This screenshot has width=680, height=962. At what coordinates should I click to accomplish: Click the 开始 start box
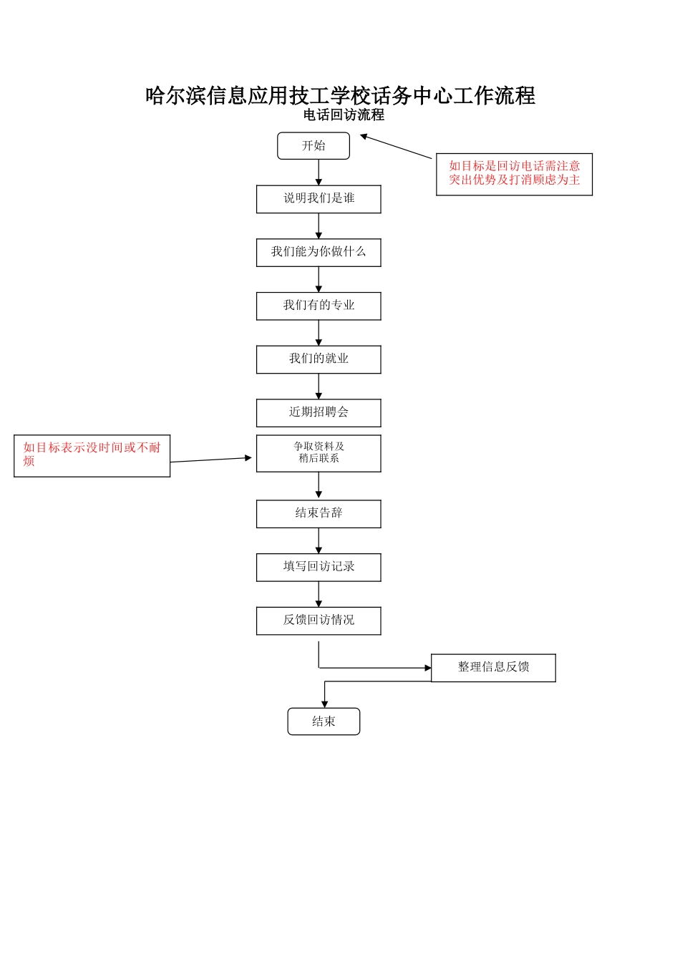[x=314, y=146]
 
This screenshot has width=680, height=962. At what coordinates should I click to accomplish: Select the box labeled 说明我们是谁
[x=319, y=199]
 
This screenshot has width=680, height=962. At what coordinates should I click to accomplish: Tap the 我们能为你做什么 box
[x=319, y=253]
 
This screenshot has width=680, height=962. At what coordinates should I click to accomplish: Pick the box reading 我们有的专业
[x=319, y=306]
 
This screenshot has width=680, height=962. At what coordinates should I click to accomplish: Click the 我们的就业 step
[x=319, y=359]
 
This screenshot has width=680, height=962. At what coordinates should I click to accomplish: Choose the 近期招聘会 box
[x=319, y=413]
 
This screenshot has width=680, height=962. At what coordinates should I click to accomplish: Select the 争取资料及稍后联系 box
[x=319, y=453]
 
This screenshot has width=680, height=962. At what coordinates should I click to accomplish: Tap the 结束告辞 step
[x=319, y=514]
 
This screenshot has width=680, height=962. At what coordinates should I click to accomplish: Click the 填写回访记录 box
[x=319, y=567]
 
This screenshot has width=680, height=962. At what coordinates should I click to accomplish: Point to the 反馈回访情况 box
[x=319, y=621]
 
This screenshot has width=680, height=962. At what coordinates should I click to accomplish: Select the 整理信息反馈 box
[x=493, y=668]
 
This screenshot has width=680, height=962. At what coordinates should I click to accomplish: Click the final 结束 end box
[x=324, y=721]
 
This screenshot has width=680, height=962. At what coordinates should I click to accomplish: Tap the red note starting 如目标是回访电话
[x=514, y=174]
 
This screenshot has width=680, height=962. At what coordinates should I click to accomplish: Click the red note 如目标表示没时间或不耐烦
[x=92, y=455]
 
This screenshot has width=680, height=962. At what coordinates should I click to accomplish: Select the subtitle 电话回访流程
[x=344, y=115]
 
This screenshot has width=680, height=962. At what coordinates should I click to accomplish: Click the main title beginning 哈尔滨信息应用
[x=340, y=95]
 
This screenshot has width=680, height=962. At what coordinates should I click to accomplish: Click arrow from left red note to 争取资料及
[x=211, y=460]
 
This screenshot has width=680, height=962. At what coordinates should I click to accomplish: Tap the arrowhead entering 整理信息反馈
[x=428, y=668]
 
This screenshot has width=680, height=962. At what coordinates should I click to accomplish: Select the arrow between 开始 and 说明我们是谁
[x=319, y=173]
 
